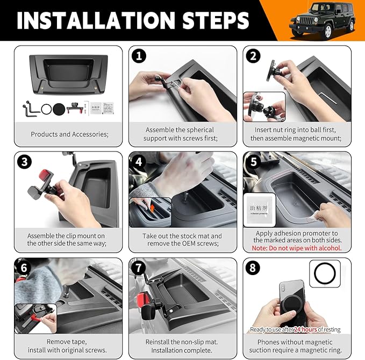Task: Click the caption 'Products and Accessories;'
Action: click(69, 134)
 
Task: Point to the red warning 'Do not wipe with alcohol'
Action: click(297, 248)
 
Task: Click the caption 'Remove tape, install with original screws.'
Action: click(69, 345)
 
